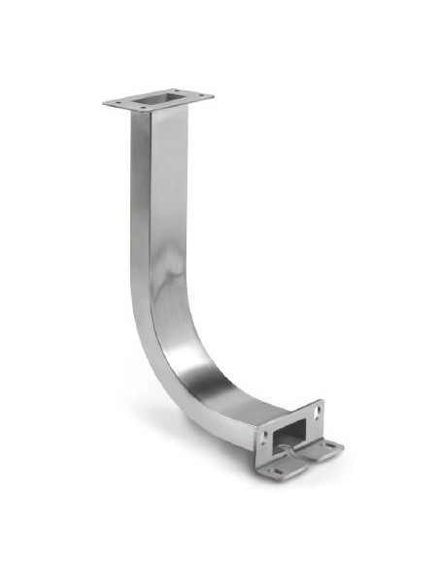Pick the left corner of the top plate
click(104, 102)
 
